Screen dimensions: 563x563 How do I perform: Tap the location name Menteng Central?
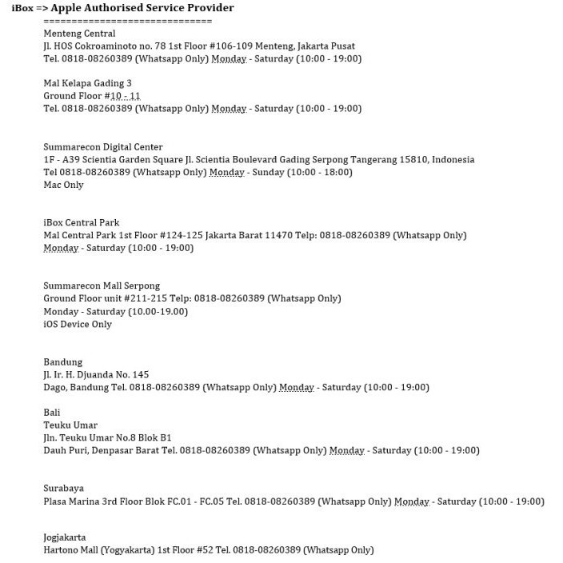[x=79, y=34]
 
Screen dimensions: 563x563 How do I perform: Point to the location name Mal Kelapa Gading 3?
[x=87, y=83]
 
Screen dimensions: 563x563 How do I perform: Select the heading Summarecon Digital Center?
[x=103, y=147]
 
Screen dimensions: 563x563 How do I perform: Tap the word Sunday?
[x=270, y=173]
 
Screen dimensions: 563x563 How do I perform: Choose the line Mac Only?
[x=63, y=186]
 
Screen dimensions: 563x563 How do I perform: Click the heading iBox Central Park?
[x=82, y=223]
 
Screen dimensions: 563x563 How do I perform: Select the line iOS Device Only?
[x=78, y=325]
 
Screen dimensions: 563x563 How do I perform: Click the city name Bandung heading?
[x=63, y=362]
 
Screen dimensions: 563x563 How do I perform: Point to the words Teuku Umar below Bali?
[x=70, y=425]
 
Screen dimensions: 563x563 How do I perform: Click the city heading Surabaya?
[x=64, y=489]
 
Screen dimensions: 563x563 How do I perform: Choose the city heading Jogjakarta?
[x=65, y=537]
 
